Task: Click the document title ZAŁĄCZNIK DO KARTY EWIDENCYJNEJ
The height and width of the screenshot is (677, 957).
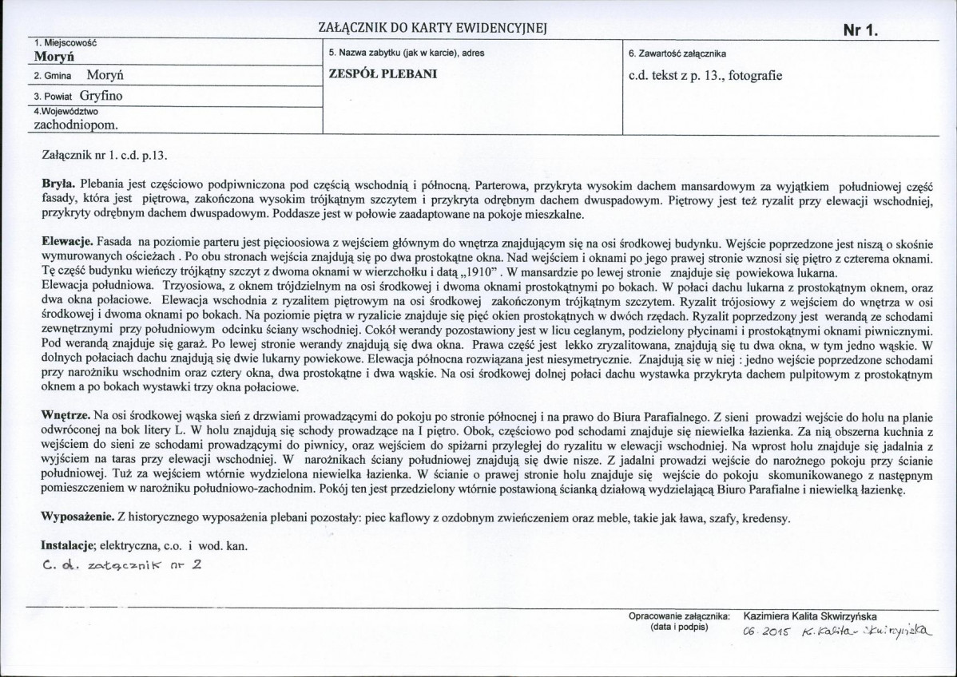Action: coord(431,29)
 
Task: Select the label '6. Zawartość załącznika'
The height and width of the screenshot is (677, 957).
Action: coord(677,53)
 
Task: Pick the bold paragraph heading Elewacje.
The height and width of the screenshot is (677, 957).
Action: coord(67,240)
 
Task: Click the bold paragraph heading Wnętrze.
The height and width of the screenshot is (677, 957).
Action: coord(66,417)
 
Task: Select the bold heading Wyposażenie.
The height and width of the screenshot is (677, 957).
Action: coord(77,517)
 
